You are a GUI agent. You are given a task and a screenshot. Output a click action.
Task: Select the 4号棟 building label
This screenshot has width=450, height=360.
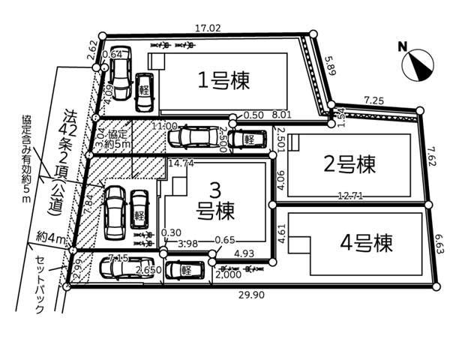tap(366, 243)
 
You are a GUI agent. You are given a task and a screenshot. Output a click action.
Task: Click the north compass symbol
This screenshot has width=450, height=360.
tap(417, 62)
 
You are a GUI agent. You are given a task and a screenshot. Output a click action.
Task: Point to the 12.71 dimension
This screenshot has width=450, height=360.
tap(351, 196)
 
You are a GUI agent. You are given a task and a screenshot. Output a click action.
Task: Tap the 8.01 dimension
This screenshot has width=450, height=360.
tap(281, 115)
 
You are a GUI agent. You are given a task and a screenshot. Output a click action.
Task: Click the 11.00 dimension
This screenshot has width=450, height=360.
tap(165, 126)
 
